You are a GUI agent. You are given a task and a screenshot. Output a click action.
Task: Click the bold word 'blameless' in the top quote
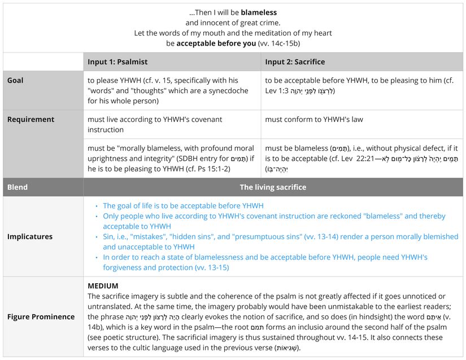click(x=259, y=12)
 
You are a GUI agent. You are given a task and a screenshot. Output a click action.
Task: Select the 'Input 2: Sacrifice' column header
click(x=295, y=62)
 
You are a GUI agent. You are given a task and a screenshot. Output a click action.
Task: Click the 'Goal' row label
click(x=15, y=81)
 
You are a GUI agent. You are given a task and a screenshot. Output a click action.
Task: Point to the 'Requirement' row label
click(x=31, y=119)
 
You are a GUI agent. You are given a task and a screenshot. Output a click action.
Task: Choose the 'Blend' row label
click(x=18, y=187)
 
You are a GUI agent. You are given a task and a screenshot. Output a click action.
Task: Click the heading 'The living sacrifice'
click(x=273, y=187)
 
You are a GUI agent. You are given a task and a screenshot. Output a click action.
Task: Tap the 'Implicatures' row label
click(x=30, y=236)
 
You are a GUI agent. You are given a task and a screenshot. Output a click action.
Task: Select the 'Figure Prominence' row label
click(x=41, y=317)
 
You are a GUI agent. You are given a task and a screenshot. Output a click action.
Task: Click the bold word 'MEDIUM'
click(x=103, y=286)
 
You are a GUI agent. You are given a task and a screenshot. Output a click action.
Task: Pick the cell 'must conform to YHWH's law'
click(x=314, y=119)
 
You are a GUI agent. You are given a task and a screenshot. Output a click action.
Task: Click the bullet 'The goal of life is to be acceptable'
click(x=183, y=206)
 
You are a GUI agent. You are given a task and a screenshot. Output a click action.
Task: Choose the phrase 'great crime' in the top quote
click(x=258, y=23)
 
